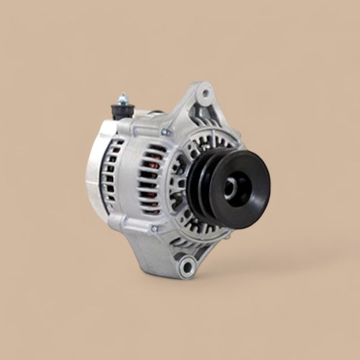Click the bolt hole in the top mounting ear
(x=206, y=94)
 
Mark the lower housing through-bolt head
(x=154, y=229)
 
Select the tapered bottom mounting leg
(x=165, y=252)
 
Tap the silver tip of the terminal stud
(x=123, y=95)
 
